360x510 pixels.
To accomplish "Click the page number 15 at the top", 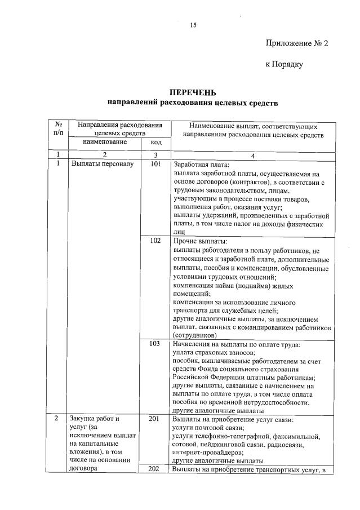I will (193, 25).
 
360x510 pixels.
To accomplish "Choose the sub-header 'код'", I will (155, 143).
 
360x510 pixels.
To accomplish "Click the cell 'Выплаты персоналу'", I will (101, 165).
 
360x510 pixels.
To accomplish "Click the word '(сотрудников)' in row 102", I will (194, 335).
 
